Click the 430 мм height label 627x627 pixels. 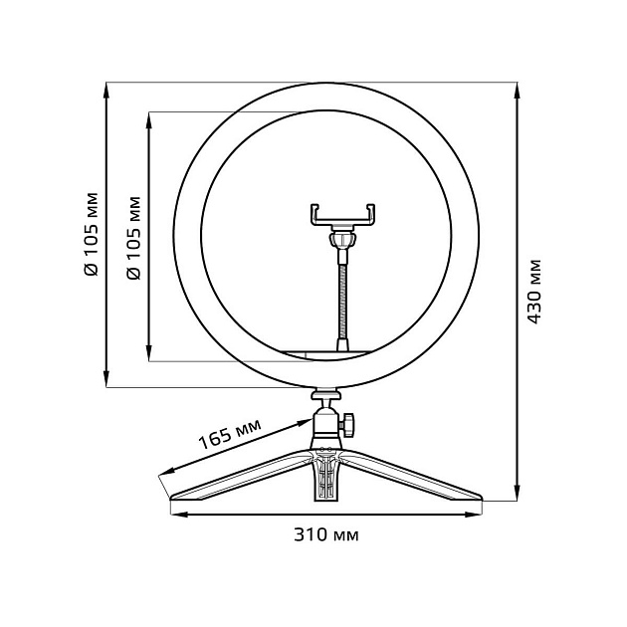coord(534,292)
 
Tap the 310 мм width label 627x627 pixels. coord(327,534)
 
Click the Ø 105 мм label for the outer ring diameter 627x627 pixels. coord(91,233)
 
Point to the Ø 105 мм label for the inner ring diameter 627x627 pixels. coord(133,233)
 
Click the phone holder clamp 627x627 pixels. coord(343,214)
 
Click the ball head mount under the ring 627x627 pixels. coord(326,419)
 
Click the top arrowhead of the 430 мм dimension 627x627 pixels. coord(517,90)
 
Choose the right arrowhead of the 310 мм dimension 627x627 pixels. coord(479,513)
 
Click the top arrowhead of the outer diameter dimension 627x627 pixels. coord(105,90)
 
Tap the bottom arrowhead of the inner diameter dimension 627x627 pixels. coord(149,353)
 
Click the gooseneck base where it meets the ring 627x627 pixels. coord(343,345)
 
